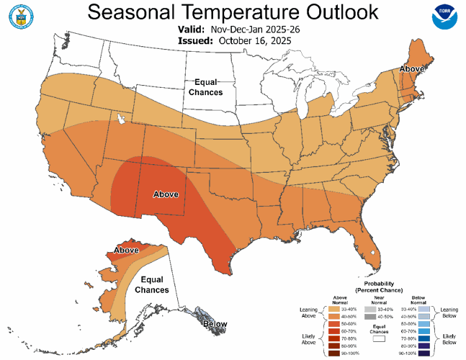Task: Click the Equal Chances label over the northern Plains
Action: click(x=205, y=87)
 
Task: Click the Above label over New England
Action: click(x=412, y=70)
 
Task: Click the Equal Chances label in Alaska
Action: click(x=154, y=284)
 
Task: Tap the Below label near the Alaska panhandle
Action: click(x=214, y=325)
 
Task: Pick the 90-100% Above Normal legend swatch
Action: click(x=339, y=353)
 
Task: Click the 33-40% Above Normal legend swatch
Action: click(x=339, y=309)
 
